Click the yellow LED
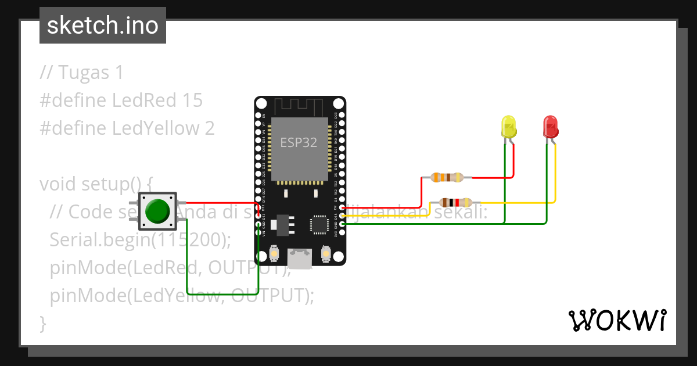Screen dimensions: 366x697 point(509,128)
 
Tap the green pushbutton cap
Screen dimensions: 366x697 point(157,211)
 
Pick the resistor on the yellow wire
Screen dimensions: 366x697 point(456,202)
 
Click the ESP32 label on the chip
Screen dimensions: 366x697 point(299,142)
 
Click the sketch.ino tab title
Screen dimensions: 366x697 point(103,26)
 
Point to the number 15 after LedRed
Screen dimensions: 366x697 point(192,101)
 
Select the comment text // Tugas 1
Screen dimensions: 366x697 point(81,73)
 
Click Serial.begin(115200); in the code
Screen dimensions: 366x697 point(141,240)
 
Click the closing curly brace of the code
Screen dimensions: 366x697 point(42,323)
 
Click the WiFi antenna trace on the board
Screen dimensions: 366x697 point(299,106)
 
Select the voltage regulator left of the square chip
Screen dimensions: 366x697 point(283,224)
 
